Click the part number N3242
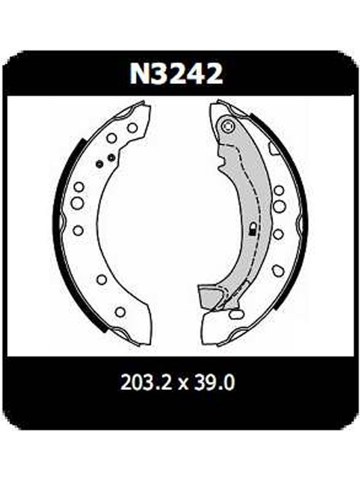pos(176,74)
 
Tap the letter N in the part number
pos(139,74)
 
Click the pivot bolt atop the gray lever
pos(228,126)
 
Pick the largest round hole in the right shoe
pos(279,206)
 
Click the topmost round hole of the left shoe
pos(132,128)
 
